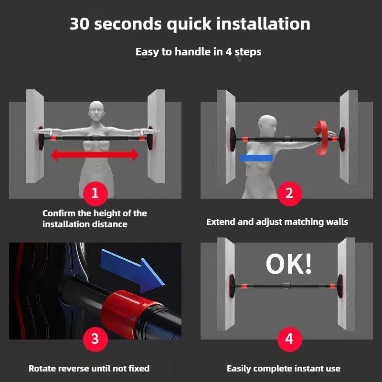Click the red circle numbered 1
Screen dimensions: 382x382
tap(95, 193)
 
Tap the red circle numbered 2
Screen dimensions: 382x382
tap(289, 193)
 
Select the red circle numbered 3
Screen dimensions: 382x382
tap(95, 339)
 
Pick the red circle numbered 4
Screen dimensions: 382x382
tap(289, 339)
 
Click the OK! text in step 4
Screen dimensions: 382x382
tap(289, 264)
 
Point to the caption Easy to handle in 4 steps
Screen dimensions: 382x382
tap(198, 52)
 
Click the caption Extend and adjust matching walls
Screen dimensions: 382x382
tap(277, 222)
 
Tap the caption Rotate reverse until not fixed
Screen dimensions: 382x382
tap(89, 368)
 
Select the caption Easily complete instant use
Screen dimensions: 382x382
tap(284, 368)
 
